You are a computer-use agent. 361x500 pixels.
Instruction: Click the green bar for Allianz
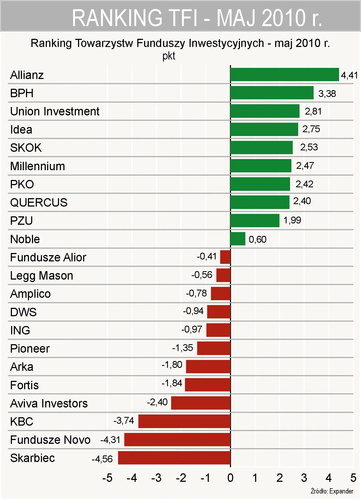[x=284, y=75]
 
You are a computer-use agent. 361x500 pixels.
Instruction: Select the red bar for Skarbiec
[x=174, y=458]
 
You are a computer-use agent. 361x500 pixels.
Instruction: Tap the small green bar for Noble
[x=238, y=239]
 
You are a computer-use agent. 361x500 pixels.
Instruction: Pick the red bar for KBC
[x=184, y=421]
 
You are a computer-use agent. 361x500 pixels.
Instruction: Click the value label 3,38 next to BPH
[x=327, y=94]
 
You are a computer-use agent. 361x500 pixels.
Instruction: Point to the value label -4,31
[x=110, y=440]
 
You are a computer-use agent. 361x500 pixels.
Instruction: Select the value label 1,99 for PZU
[x=292, y=220]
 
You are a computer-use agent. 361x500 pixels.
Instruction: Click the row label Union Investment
[x=55, y=111]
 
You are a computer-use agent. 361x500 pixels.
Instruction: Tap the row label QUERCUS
[x=39, y=202]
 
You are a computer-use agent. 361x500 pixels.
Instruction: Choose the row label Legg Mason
[x=42, y=276]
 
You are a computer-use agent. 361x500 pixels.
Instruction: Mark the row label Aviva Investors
[x=49, y=403]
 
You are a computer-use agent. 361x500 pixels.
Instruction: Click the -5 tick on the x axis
[x=107, y=478]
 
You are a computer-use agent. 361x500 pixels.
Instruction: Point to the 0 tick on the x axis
[x=230, y=478]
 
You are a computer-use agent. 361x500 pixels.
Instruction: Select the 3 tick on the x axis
[x=304, y=478]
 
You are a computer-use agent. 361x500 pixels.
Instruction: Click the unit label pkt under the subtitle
[x=169, y=56]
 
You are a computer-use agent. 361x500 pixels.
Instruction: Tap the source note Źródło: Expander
[x=332, y=491]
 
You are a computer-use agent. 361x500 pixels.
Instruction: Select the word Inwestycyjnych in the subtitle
[x=226, y=43]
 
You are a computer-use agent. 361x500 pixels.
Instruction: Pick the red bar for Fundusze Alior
[x=225, y=257]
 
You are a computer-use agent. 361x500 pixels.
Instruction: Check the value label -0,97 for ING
[x=192, y=329]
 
